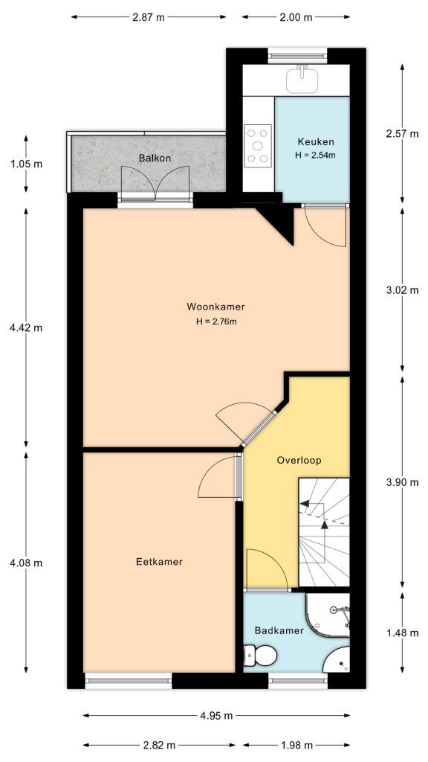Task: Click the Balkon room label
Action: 155,158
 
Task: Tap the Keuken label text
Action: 316,142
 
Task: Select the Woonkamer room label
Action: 215,307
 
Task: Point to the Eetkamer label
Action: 159,562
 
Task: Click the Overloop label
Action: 299,460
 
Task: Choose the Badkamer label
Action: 279,630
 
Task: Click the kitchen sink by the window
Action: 302,77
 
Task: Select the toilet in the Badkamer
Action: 261,656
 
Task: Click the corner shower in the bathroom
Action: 331,614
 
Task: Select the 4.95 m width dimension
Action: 217,716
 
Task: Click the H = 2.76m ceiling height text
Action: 215,321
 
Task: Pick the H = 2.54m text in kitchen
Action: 316,156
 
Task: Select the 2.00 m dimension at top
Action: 296,19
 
